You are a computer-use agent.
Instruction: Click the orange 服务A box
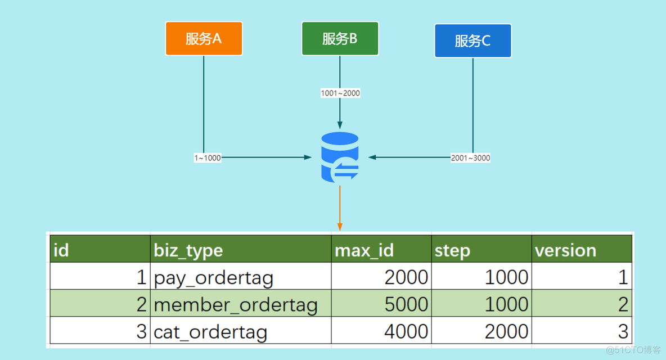(x=204, y=39)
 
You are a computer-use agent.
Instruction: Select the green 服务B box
(x=340, y=39)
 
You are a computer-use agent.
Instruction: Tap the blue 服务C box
(x=472, y=40)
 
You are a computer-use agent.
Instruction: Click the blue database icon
(x=340, y=157)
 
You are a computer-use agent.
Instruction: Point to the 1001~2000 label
(x=340, y=93)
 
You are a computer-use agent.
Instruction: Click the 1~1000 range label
(x=208, y=158)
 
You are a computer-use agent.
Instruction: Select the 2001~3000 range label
(x=470, y=158)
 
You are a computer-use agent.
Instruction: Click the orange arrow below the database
(x=340, y=208)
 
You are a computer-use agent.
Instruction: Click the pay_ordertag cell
(x=214, y=277)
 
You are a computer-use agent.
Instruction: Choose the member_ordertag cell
(x=235, y=304)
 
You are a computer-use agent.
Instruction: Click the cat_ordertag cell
(x=210, y=331)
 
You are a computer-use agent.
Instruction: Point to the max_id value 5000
(x=406, y=304)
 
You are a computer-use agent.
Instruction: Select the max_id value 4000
(x=406, y=331)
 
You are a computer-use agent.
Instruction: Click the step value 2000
(x=506, y=331)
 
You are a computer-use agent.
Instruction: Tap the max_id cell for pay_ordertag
(x=406, y=277)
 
